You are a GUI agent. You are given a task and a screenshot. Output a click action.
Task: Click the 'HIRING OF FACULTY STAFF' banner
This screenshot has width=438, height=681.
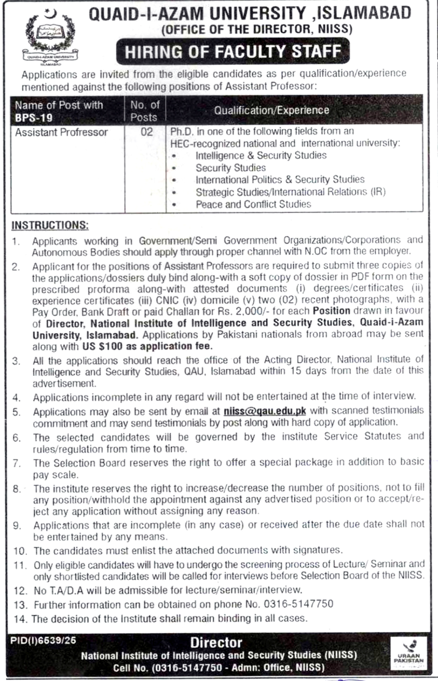[x=233, y=52]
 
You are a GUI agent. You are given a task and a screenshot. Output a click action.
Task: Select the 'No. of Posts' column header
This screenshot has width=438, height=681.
[x=145, y=111]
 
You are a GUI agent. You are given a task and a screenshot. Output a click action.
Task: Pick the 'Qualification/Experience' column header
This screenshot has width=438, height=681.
[x=272, y=110]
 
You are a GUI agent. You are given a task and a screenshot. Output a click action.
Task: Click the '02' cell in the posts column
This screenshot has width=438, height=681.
[x=146, y=132]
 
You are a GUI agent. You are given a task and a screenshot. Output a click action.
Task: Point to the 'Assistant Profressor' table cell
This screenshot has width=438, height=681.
[x=61, y=132]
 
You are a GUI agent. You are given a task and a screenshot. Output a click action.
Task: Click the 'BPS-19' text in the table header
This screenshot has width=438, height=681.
[x=34, y=118]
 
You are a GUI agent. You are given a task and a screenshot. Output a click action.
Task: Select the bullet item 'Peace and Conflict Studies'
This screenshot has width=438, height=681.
[x=253, y=204]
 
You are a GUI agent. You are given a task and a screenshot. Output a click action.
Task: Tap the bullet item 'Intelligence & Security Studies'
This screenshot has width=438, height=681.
[x=261, y=156]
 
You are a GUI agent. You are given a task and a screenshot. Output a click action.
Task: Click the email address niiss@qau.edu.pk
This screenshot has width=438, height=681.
[x=265, y=411]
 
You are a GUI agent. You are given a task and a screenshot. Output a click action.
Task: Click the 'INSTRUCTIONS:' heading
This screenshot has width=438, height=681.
[x=50, y=225]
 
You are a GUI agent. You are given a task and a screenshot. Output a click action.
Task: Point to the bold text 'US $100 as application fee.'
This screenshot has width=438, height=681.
[x=146, y=346]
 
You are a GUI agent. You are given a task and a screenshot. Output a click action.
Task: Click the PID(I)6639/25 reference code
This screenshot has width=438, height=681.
[x=43, y=641]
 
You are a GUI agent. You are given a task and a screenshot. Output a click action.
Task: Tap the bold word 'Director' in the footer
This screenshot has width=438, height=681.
[x=216, y=643]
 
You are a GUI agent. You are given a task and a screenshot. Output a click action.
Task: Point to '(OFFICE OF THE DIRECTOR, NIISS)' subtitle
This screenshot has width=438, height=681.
[x=256, y=29]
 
